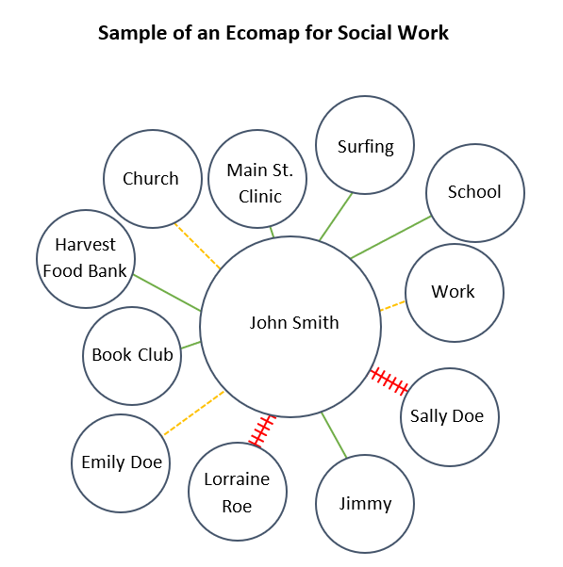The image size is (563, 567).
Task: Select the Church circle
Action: tap(151, 179)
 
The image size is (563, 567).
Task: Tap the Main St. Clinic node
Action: tap(260, 183)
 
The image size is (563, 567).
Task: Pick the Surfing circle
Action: tap(365, 146)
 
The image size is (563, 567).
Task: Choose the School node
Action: tap(474, 192)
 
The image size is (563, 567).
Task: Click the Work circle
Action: tap(454, 292)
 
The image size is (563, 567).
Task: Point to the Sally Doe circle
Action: tap(447, 416)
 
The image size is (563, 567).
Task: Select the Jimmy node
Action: tap(365, 504)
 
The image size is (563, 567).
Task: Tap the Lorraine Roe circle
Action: tap(238, 493)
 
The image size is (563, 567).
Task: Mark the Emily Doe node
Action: tap(121, 462)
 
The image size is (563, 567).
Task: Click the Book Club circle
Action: tap(132, 355)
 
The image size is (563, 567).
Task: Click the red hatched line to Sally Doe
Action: tap(389, 381)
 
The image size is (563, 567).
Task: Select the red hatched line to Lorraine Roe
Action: tap(261, 429)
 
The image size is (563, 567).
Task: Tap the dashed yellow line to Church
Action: tap(198, 247)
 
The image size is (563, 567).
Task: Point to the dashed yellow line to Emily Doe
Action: tap(193, 413)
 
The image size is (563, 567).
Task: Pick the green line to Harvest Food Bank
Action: tap(166, 292)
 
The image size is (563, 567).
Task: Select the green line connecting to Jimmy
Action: tap(334, 435)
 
